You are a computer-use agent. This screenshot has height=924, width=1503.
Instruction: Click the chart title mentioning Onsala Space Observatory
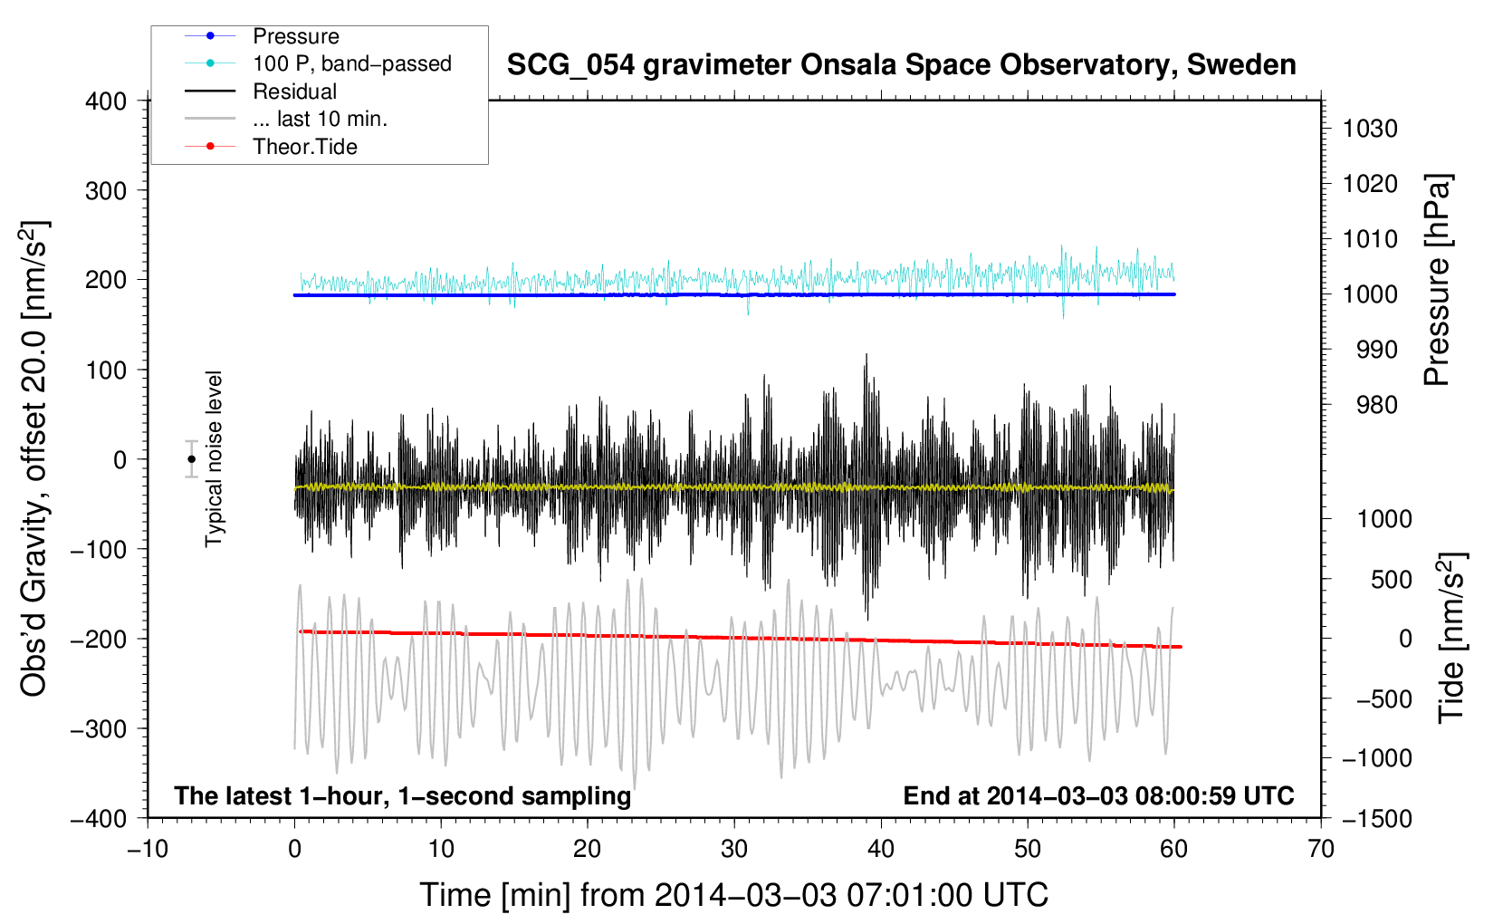(901, 65)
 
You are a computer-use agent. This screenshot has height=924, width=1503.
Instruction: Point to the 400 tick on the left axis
(106, 101)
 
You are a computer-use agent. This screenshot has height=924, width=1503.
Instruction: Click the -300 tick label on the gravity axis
(99, 728)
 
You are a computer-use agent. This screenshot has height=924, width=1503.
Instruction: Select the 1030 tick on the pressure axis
(1370, 129)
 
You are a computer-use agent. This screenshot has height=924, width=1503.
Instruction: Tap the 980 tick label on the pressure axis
(1377, 405)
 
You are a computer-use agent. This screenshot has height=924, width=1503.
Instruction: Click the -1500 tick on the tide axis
(1377, 819)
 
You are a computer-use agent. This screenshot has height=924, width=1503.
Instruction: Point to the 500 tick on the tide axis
(1392, 579)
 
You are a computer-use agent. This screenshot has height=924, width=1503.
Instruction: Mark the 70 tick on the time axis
(1321, 849)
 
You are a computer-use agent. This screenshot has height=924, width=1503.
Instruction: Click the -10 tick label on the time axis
(148, 849)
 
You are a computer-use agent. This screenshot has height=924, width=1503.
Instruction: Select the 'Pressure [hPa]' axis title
(1438, 280)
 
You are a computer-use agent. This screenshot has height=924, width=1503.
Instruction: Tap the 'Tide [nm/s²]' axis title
(1452, 638)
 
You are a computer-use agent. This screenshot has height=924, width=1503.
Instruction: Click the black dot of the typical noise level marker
(192, 459)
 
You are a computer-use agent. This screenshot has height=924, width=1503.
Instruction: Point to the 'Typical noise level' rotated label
(214, 459)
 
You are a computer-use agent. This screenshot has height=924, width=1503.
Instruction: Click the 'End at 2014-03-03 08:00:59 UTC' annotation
(1098, 795)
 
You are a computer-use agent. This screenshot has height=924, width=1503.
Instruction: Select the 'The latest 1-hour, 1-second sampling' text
(403, 796)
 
